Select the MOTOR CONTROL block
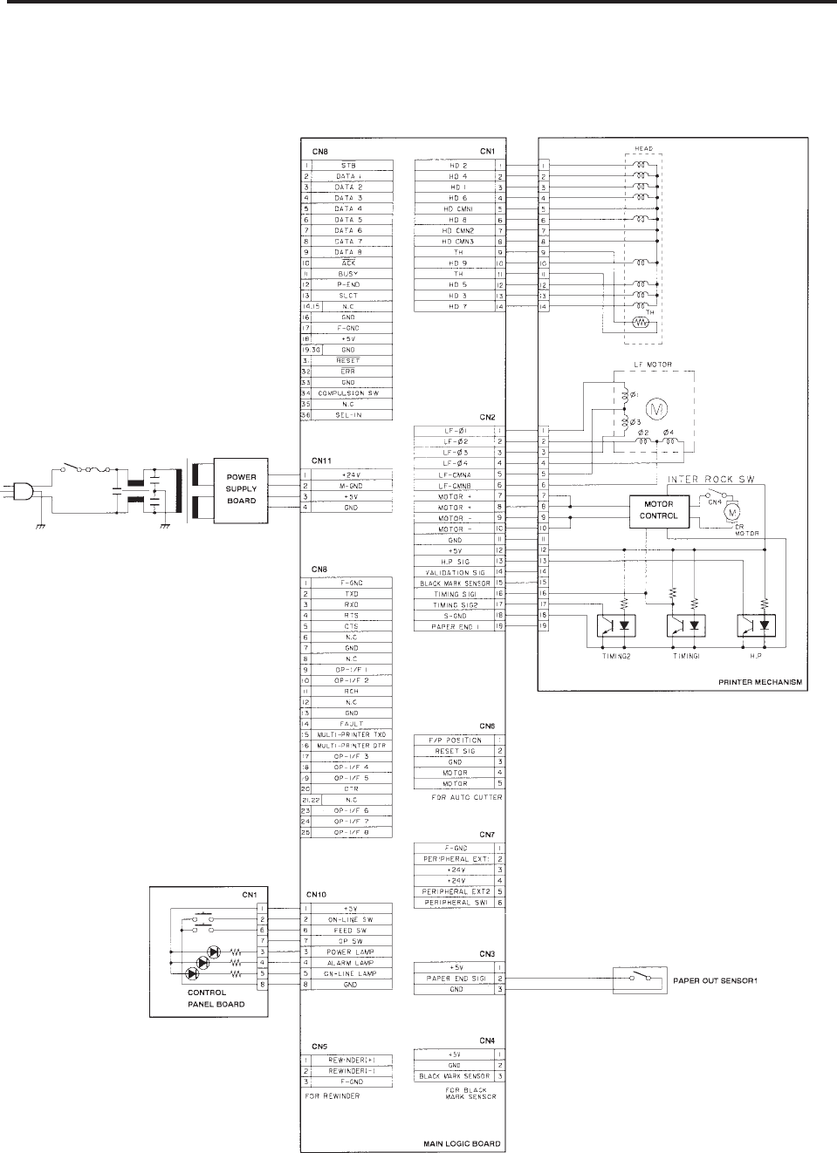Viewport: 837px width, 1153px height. click(659, 510)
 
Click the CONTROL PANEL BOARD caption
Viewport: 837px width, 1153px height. click(216, 999)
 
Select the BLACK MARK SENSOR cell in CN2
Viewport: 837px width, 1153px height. click(455, 583)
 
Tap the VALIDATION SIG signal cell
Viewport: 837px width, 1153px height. click(455, 572)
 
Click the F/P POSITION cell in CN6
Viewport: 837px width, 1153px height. click(455, 740)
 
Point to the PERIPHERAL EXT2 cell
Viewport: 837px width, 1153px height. click(455, 891)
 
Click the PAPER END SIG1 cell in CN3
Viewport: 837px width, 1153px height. click(455, 978)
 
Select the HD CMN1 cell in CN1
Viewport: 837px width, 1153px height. click(455, 209)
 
